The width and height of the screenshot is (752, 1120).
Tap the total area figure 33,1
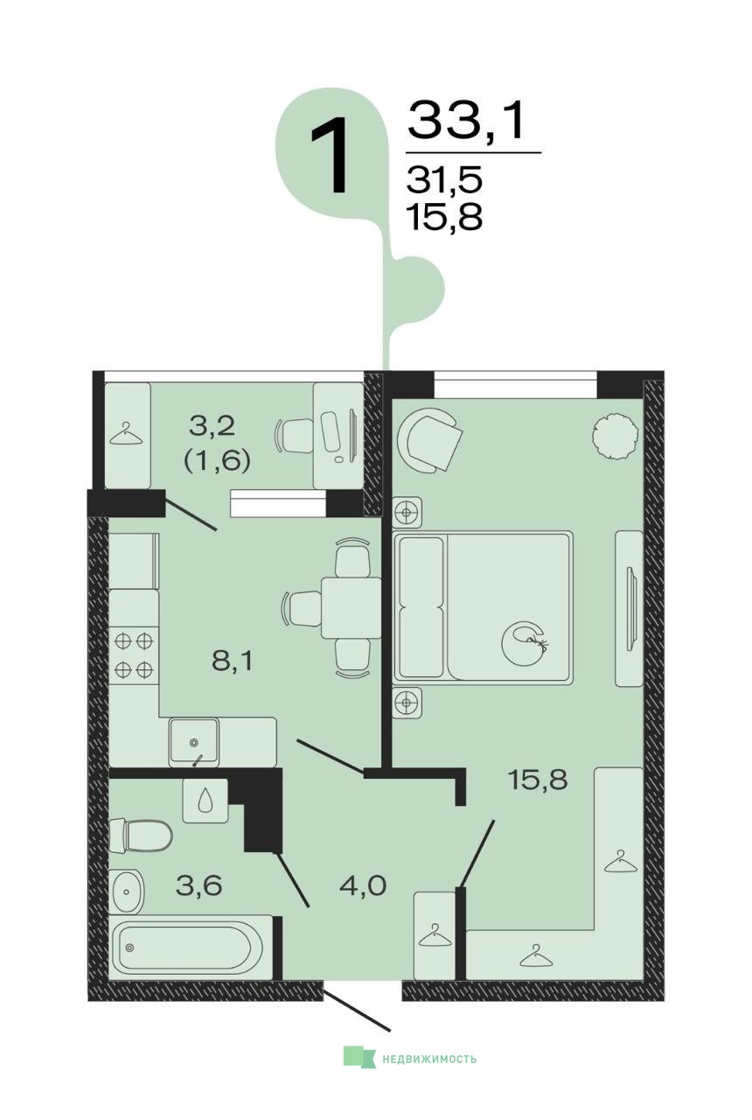[468, 120]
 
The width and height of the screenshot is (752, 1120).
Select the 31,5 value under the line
[444, 179]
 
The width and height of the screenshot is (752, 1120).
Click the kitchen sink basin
[194, 742]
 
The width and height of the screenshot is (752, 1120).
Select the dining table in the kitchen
[352, 607]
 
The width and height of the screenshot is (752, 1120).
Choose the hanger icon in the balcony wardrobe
[125, 434]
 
